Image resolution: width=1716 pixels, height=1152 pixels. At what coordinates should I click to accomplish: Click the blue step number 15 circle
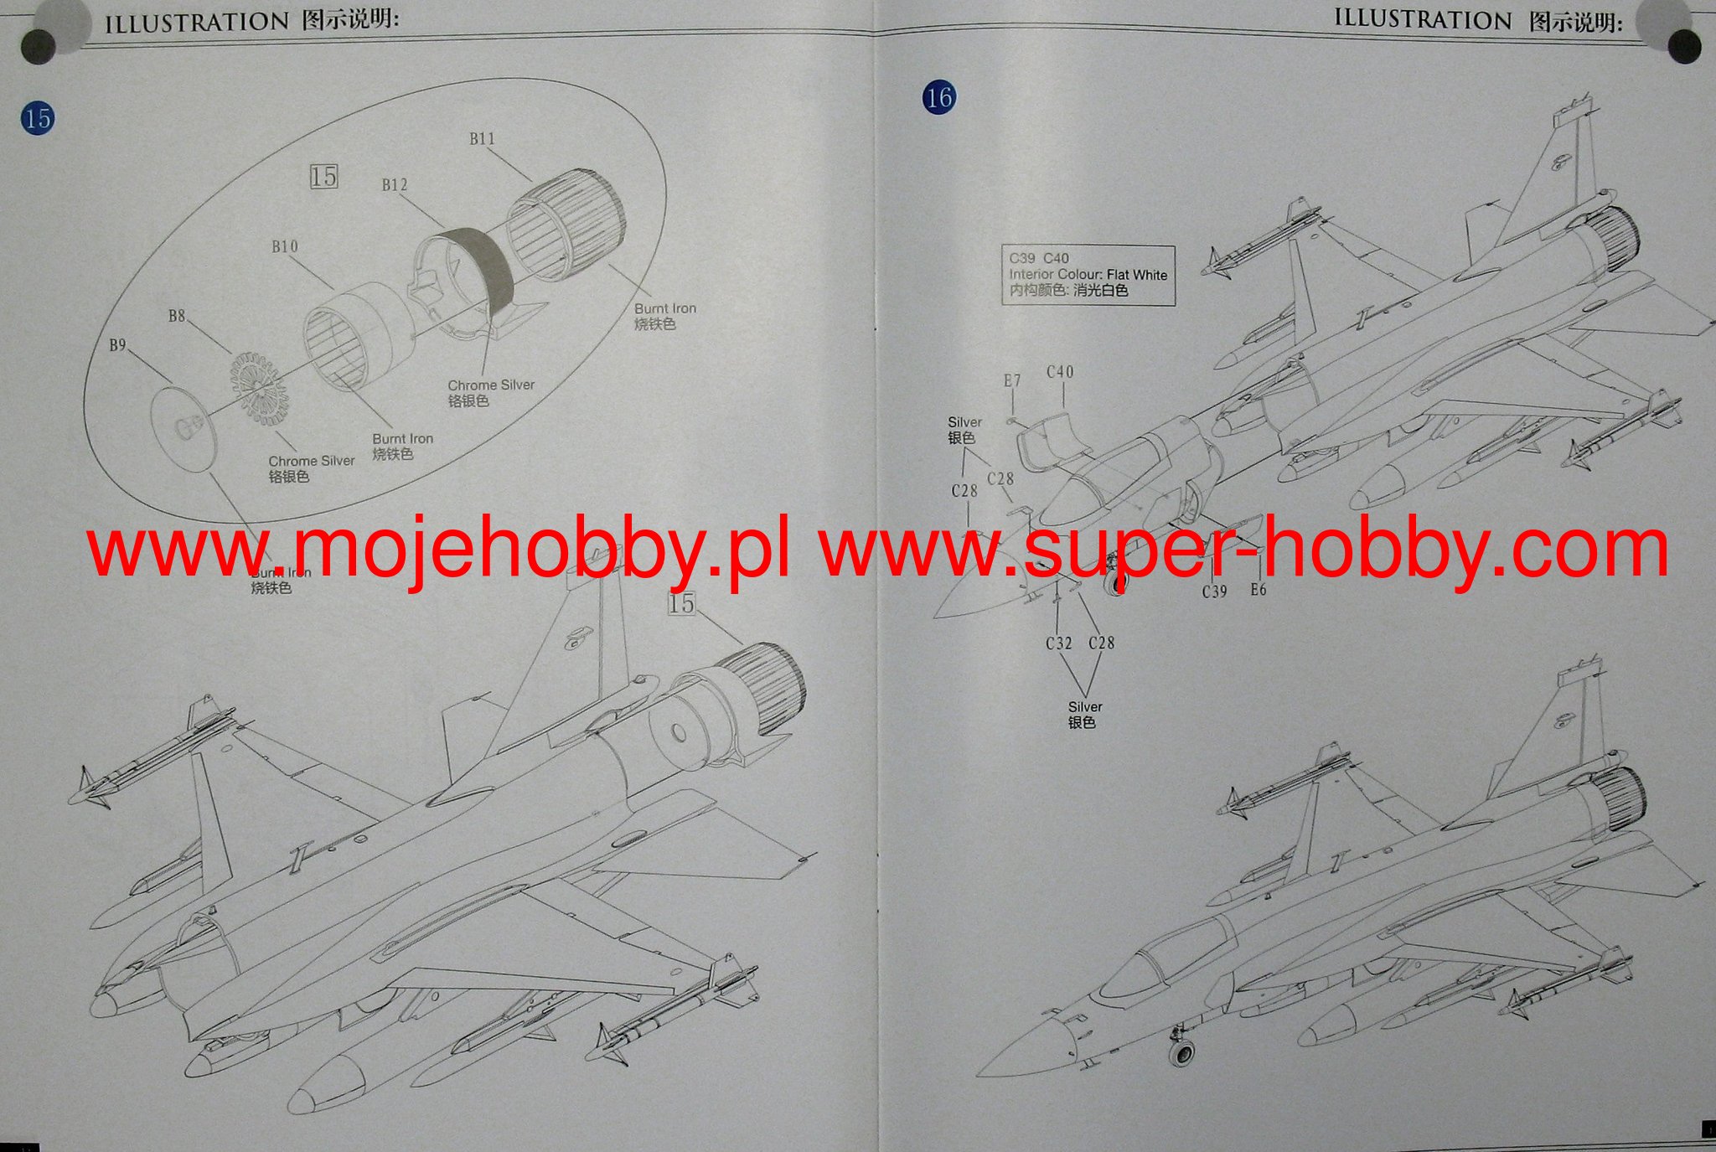click(x=38, y=118)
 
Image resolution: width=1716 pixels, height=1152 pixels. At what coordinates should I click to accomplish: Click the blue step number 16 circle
click(x=938, y=97)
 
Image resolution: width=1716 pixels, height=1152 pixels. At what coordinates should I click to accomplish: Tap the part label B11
click(x=482, y=139)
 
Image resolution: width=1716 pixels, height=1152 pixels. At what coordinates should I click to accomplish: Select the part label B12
click(x=395, y=185)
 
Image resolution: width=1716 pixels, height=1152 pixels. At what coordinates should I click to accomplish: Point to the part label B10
click(x=285, y=247)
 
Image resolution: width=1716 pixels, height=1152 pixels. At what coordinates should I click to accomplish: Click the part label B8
click(x=176, y=317)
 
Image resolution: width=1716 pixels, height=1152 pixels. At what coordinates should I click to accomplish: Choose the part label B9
click(x=117, y=345)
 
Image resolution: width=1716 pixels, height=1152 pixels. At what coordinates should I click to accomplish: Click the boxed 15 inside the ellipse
click(x=323, y=177)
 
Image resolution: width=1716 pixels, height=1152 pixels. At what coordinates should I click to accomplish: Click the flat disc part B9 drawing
click(x=183, y=429)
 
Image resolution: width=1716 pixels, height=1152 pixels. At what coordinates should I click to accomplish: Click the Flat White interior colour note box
click(x=1088, y=275)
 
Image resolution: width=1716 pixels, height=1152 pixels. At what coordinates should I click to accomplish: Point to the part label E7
click(x=1012, y=381)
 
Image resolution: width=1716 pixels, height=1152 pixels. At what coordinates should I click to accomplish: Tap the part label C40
click(x=1060, y=372)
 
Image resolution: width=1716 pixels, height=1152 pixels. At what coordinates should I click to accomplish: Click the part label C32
click(x=1058, y=643)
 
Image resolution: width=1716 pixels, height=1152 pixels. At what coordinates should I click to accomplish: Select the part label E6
click(x=1258, y=590)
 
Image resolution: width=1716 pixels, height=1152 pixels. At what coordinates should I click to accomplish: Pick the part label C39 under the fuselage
click(x=1214, y=591)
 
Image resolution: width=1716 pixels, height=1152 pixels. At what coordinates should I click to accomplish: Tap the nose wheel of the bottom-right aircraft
click(x=1181, y=1053)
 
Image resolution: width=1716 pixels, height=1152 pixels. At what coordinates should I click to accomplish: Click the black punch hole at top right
click(x=1684, y=46)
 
